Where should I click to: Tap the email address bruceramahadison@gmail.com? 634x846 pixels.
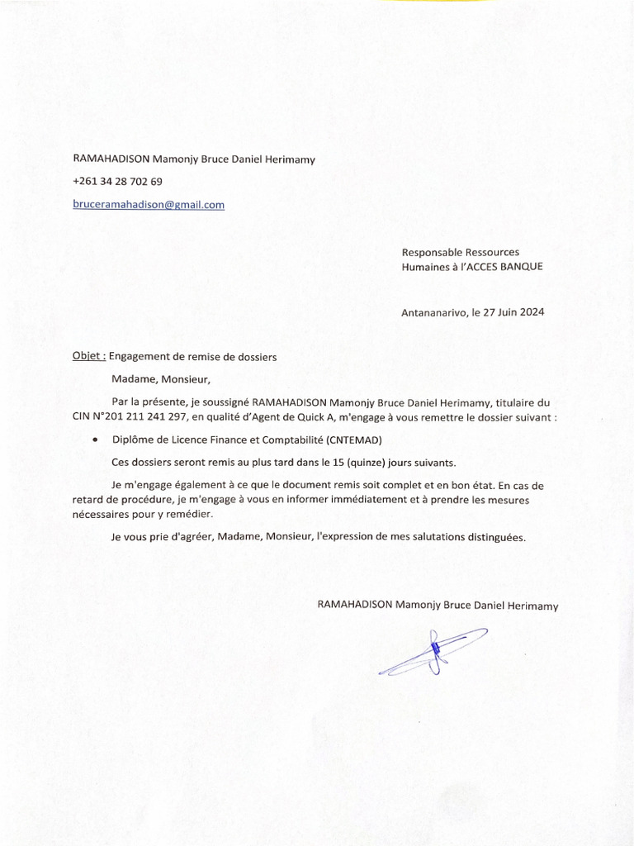pyautogui.click(x=149, y=204)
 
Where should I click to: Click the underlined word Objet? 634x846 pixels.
pyautogui.click(x=88, y=357)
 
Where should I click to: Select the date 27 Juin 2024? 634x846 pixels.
pyautogui.click(x=515, y=313)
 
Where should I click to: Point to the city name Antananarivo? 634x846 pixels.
pyautogui.click(x=433, y=313)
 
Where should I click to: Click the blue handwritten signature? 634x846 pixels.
pyautogui.click(x=434, y=650)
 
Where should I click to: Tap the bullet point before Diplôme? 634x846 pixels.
pyautogui.click(x=97, y=440)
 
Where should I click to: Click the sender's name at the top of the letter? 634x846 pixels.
pyautogui.click(x=194, y=159)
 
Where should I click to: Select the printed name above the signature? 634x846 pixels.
pyautogui.click(x=438, y=606)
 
